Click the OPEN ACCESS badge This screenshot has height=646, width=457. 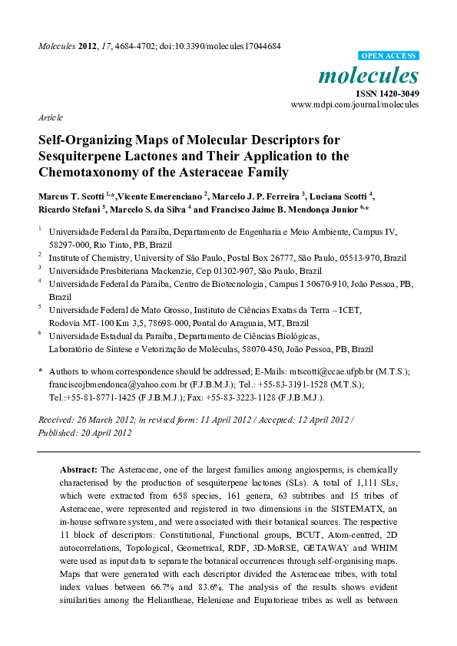(x=389, y=56)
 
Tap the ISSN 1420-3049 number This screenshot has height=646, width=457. (x=387, y=93)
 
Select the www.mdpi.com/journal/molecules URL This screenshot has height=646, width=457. (x=355, y=104)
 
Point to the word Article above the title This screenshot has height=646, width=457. (x=50, y=119)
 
